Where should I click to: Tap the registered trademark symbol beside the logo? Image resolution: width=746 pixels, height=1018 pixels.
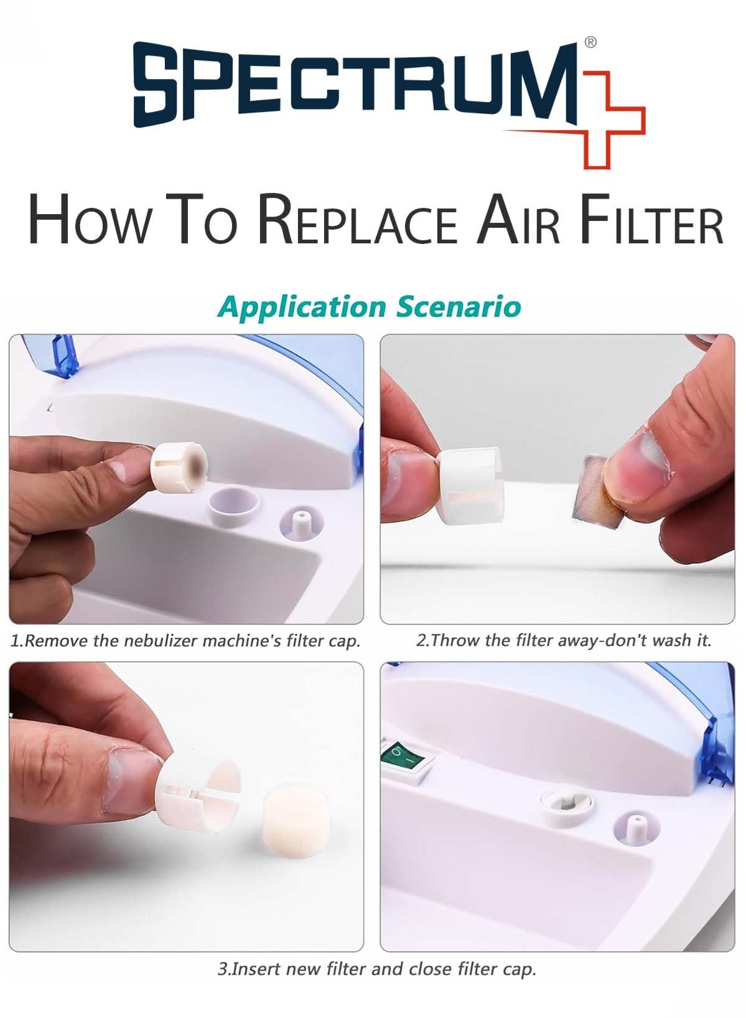coord(590,42)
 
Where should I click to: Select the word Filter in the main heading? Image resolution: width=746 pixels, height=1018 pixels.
coord(653,220)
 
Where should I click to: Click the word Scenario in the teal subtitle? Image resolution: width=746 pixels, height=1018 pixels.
coord(459,307)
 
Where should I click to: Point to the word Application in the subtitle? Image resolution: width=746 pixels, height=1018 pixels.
coord(302,308)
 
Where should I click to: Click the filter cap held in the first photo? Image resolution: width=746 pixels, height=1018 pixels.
coord(179,468)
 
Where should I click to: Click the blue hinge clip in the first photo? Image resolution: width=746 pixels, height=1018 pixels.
coord(62,355)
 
